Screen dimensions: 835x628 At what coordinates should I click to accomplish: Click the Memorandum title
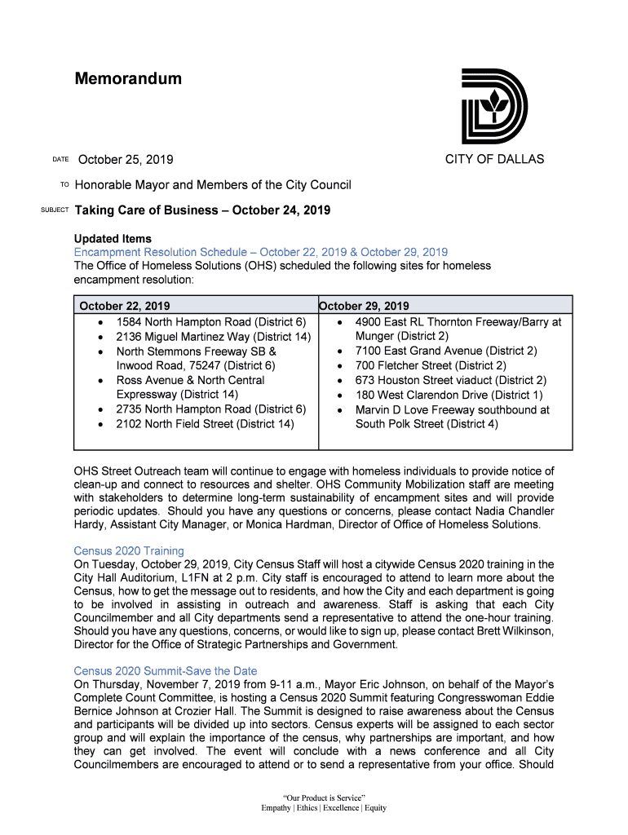(x=128, y=79)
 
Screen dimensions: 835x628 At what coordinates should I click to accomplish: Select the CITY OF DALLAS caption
(x=494, y=159)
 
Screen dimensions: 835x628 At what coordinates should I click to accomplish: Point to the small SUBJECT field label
(x=55, y=211)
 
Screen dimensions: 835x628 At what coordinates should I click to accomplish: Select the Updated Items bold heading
(x=113, y=239)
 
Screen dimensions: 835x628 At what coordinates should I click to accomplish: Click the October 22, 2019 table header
(x=125, y=307)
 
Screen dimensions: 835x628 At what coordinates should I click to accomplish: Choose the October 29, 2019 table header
(x=365, y=307)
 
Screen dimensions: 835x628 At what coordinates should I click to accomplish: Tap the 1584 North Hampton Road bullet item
(x=210, y=321)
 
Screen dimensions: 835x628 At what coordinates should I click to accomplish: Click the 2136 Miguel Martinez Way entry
(x=213, y=336)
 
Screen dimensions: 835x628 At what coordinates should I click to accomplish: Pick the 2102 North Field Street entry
(x=205, y=424)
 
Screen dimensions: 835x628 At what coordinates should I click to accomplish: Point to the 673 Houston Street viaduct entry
(x=450, y=380)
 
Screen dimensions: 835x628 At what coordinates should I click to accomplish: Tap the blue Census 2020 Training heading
(x=129, y=551)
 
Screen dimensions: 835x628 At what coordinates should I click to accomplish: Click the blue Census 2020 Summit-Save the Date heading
(x=166, y=671)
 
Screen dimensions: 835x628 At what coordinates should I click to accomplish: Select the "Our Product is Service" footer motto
(x=324, y=797)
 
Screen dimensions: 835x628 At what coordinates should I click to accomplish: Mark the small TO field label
(x=64, y=185)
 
